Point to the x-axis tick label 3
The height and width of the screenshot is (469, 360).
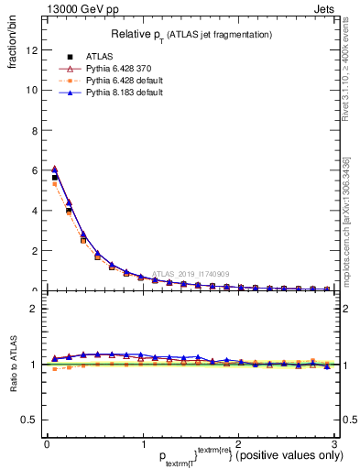[334, 444]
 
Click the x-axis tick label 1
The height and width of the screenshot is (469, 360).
[142, 444]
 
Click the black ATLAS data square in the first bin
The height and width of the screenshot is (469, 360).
[55, 178]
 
